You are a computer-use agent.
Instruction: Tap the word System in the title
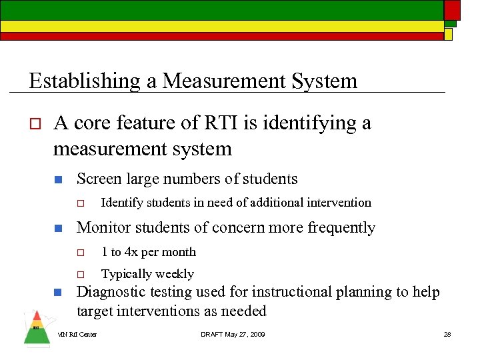(x=324, y=81)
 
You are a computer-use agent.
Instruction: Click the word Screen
(x=99, y=179)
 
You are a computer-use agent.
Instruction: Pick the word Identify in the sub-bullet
(x=122, y=203)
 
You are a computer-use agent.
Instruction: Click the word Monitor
(x=103, y=228)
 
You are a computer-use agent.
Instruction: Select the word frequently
(x=341, y=228)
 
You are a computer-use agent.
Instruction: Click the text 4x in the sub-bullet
(x=131, y=252)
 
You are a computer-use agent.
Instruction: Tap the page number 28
(x=447, y=334)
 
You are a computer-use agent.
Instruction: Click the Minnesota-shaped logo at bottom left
(x=36, y=329)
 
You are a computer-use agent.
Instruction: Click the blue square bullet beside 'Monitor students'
(x=58, y=229)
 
